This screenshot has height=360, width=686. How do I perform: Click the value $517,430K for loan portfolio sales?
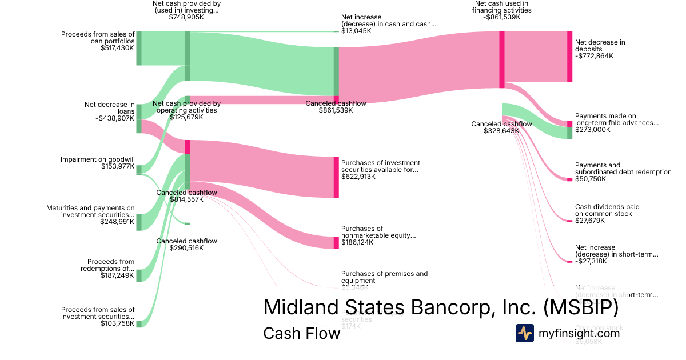(117, 48)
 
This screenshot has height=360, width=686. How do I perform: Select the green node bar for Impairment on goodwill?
(139, 169)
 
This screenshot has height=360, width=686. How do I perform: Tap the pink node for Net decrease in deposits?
(569, 57)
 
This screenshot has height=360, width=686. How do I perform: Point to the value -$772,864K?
(594, 56)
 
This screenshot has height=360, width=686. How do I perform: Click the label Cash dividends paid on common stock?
(607, 210)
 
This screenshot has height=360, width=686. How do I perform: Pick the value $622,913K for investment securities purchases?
(358, 177)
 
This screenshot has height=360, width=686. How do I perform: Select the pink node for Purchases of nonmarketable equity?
(336, 242)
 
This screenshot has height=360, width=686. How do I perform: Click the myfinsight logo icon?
(524, 333)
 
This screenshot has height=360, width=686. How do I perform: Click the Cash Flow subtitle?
(301, 333)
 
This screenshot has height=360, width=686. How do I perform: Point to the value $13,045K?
(356, 31)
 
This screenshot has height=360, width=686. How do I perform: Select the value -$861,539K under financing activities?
(501, 17)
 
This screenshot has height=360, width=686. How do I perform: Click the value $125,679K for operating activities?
(186, 117)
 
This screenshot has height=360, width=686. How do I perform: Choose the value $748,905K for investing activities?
(186, 17)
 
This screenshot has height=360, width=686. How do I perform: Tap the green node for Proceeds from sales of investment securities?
(139, 323)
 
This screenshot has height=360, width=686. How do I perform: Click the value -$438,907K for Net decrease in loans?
(115, 118)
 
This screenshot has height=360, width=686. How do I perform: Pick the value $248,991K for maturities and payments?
(117, 222)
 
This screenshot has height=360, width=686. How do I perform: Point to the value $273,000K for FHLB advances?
(593, 130)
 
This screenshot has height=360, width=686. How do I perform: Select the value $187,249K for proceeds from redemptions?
(117, 275)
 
